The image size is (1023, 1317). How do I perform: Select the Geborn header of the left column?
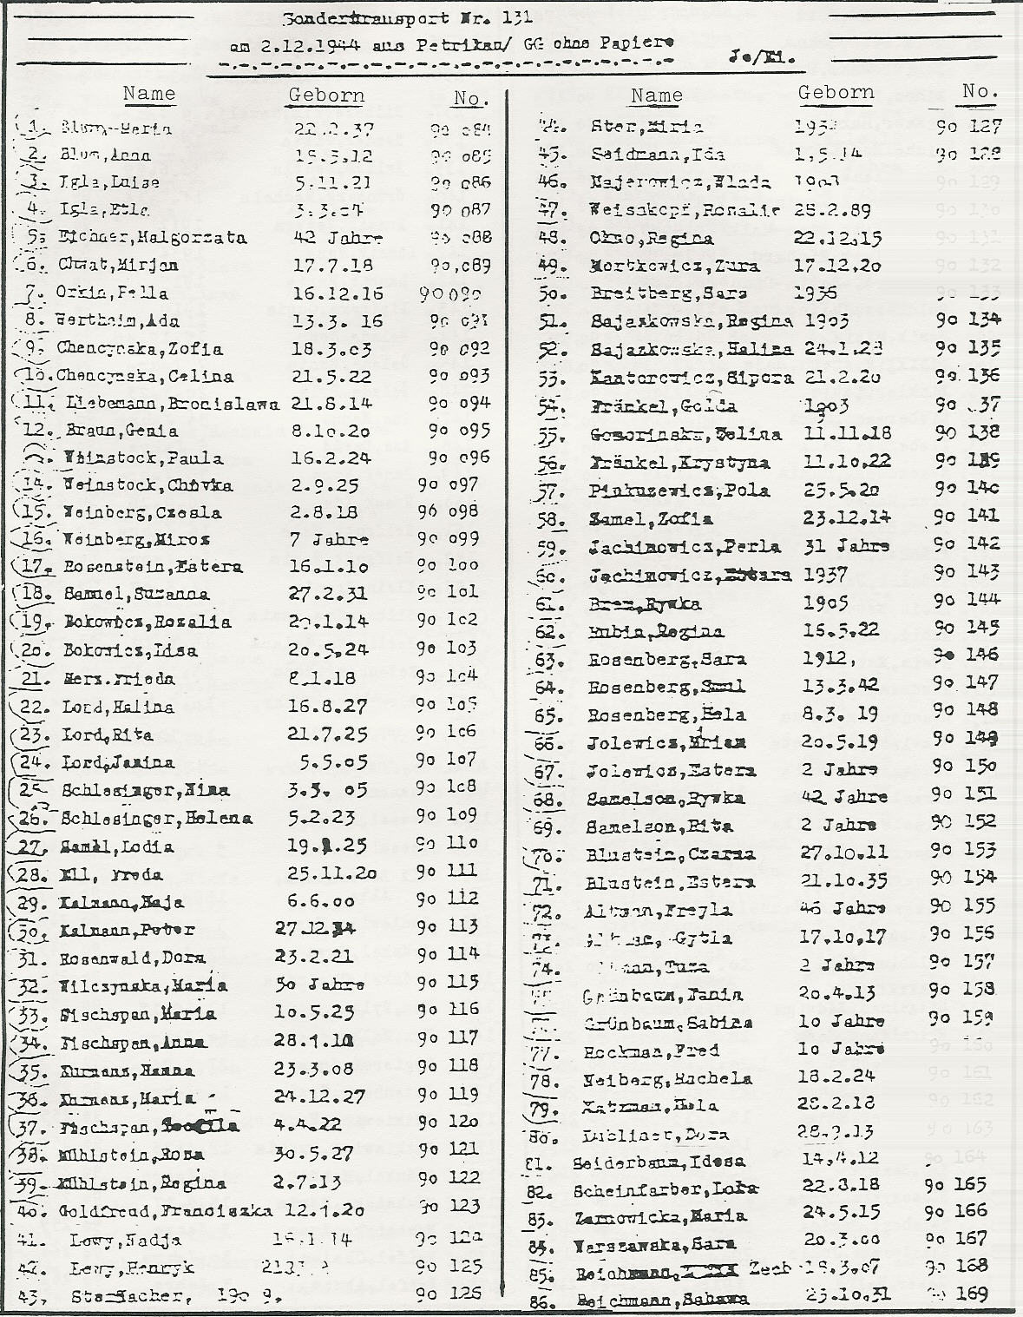point(326,95)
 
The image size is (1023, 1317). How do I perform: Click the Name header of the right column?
point(656,95)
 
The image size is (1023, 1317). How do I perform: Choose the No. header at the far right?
point(979,91)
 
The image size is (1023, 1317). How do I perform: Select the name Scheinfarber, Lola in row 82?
point(666,1190)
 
